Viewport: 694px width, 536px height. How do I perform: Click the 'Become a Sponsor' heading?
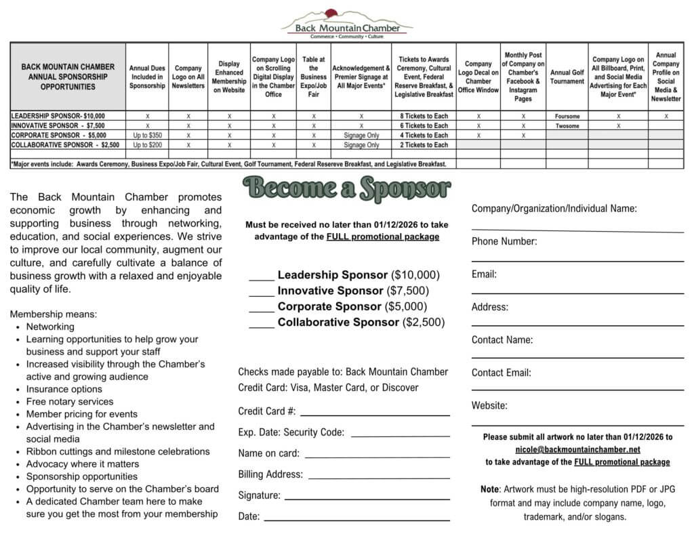(x=346, y=189)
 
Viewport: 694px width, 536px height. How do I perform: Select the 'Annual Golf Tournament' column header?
(x=567, y=77)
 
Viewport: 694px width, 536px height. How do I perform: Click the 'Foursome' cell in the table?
(x=567, y=117)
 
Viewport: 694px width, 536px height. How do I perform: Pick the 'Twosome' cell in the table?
(x=567, y=126)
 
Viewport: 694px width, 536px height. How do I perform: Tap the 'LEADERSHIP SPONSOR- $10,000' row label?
(x=58, y=117)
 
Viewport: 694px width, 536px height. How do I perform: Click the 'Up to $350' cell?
(x=148, y=136)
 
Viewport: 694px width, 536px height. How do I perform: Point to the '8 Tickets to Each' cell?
(x=424, y=117)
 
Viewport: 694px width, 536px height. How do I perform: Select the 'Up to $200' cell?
(x=148, y=145)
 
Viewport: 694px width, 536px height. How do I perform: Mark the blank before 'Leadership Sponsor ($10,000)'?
(x=261, y=276)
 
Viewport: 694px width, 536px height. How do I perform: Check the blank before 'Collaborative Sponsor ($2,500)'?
(x=261, y=324)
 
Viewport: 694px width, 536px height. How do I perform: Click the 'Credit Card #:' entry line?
(x=375, y=413)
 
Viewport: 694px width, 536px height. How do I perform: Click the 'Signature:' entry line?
(x=367, y=497)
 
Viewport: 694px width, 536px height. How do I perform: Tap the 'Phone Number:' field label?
(x=504, y=241)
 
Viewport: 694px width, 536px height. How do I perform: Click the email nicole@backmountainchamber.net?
(x=577, y=449)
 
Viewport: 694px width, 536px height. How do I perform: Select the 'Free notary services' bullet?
(x=70, y=402)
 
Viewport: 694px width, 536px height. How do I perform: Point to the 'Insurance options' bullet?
(x=64, y=389)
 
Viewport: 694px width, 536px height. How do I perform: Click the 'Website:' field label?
(x=489, y=406)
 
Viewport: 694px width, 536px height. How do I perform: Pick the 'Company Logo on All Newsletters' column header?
(x=188, y=77)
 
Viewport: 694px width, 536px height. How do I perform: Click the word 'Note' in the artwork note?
(x=489, y=489)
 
